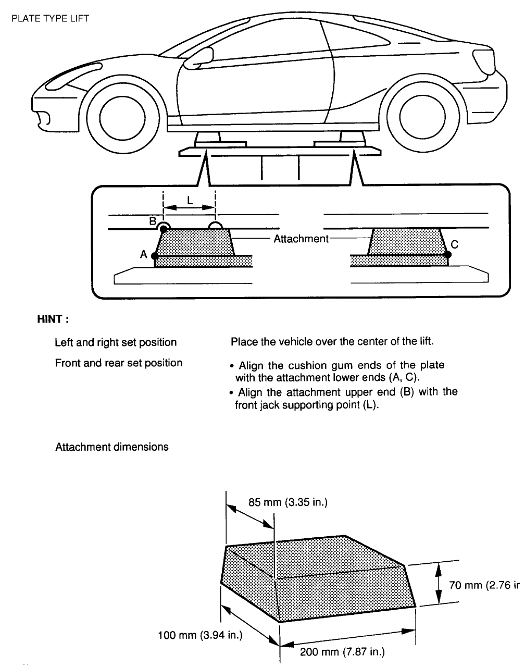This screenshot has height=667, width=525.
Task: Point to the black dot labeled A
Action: (154, 256)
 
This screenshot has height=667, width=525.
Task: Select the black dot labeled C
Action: (448, 255)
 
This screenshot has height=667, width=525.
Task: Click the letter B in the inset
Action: (153, 221)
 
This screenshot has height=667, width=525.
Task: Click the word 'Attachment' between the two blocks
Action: (301, 239)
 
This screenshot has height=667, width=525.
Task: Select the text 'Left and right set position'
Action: (116, 342)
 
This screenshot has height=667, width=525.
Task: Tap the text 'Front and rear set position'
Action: (119, 363)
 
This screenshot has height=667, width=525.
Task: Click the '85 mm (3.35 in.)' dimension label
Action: (287, 503)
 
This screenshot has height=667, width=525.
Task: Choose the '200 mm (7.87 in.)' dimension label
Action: (342, 651)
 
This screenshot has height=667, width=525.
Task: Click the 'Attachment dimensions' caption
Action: (112, 447)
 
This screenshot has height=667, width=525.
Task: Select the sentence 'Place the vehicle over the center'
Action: (332, 342)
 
